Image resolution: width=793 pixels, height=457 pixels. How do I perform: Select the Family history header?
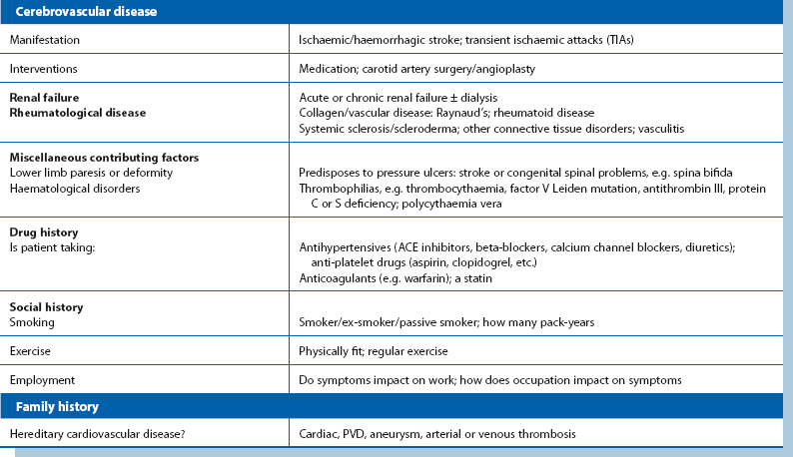[x=56, y=407]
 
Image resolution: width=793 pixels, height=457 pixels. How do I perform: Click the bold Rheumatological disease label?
[x=78, y=113]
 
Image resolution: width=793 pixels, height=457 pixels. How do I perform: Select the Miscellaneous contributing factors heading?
[x=104, y=157]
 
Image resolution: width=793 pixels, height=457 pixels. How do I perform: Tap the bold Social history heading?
[x=46, y=306]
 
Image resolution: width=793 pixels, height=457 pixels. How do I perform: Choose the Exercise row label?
[x=30, y=351]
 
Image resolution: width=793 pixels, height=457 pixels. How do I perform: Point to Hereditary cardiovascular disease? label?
[x=93, y=434]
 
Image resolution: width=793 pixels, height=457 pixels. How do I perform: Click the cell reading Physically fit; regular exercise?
[x=374, y=351]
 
